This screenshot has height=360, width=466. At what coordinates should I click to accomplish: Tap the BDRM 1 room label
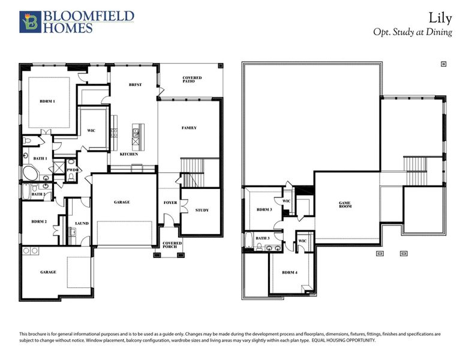coord(47,101)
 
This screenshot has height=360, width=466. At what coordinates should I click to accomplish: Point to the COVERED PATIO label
coord(192,79)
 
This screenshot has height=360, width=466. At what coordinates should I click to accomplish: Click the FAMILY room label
coord(189,128)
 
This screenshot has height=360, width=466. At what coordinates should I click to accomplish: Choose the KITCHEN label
coord(128,154)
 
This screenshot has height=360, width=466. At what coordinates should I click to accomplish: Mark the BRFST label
coord(135,85)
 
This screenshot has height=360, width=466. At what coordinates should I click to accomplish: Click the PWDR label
coord(73,170)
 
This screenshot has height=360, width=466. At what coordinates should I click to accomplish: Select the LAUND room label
coord(82,223)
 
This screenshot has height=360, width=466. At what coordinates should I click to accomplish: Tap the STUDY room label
coord(202,210)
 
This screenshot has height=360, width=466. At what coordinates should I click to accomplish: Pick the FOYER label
coord(170,203)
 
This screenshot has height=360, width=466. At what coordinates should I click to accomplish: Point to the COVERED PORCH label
coord(172,245)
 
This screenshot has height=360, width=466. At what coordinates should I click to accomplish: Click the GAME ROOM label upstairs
coord(344,205)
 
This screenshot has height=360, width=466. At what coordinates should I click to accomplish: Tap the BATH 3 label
coord(263,238)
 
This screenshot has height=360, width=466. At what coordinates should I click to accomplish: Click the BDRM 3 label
coord(264,209)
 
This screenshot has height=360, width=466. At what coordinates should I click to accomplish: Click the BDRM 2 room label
coord(39,222)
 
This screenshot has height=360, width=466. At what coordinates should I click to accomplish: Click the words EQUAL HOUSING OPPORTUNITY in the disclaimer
coord(344,340)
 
